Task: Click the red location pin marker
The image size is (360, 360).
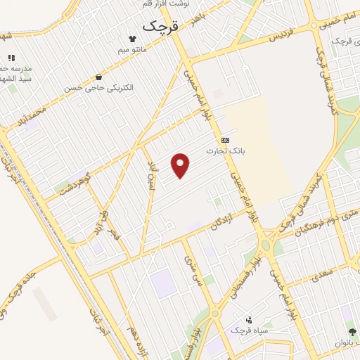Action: tap(181, 165)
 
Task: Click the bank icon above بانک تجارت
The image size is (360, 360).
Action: tap(224, 140)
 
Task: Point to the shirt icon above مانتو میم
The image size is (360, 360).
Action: tap(131, 39)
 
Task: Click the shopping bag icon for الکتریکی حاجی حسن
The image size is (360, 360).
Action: tap(98, 77)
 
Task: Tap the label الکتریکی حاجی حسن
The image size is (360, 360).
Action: tap(98, 88)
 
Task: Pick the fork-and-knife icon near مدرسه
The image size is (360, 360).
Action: tap(11, 58)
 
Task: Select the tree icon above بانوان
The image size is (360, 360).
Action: tap(352, 331)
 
